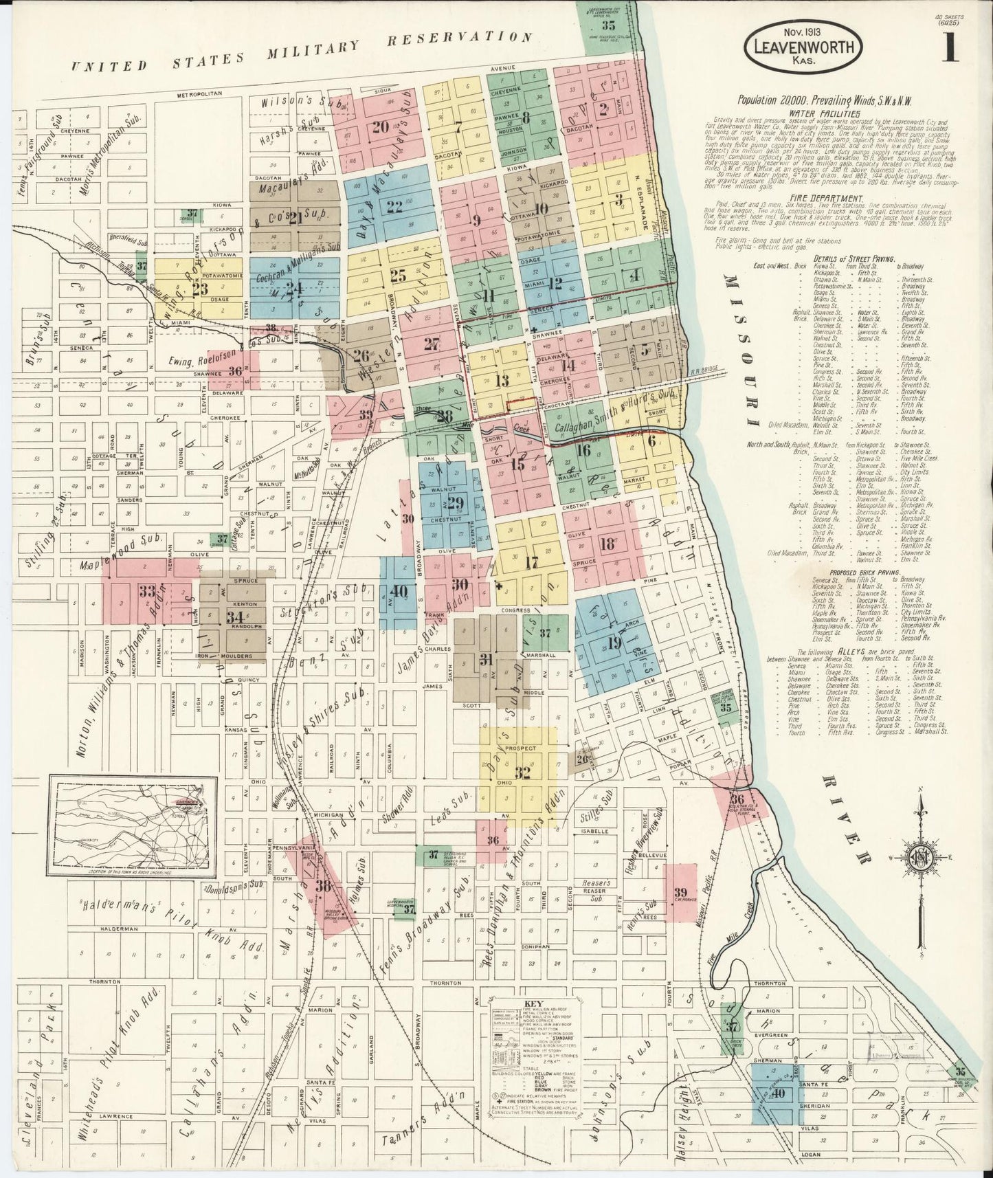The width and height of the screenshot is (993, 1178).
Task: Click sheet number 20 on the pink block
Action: [x=381, y=126]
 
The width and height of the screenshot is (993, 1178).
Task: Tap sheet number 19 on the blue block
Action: [x=614, y=643]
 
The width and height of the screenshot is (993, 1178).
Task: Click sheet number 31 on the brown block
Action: [x=487, y=659]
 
